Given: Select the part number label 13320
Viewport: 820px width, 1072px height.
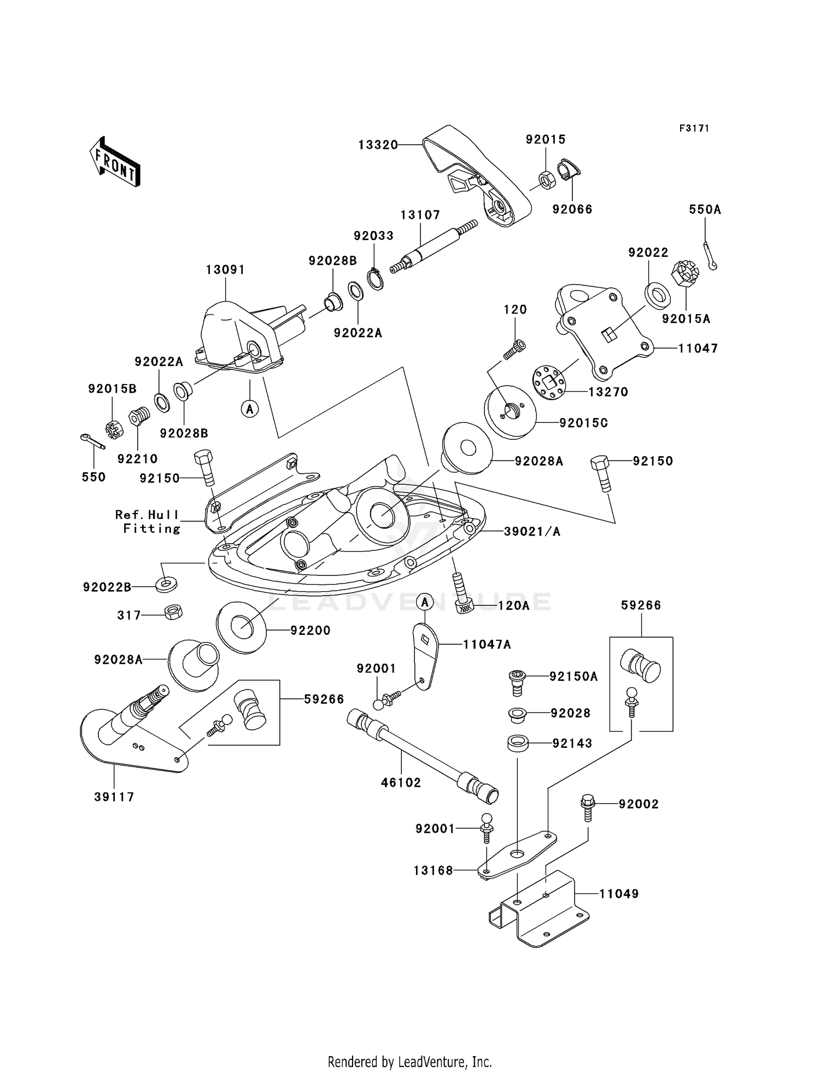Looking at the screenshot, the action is [x=378, y=145].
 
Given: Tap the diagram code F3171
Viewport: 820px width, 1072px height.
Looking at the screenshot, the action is [x=694, y=128].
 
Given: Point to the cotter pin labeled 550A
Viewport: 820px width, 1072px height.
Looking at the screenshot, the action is [x=710, y=256].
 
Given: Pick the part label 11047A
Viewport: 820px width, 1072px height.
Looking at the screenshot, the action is [x=487, y=645].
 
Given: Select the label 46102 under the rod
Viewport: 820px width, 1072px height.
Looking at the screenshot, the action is [x=401, y=782].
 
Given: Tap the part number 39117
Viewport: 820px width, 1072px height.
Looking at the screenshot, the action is [x=114, y=797].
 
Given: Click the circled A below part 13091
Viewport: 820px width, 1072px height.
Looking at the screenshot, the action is [x=250, y=408].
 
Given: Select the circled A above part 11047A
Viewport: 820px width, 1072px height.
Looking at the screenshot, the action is [x=425, y=602].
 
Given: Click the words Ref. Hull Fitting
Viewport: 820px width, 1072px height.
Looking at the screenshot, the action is [x=148, y=521].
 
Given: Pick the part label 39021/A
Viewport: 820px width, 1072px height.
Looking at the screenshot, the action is [x=532, y=531].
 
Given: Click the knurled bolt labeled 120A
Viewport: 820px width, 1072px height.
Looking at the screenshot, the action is [x=462, y=593].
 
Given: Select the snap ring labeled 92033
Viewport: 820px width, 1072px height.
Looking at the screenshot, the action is [x=375, y=279].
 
